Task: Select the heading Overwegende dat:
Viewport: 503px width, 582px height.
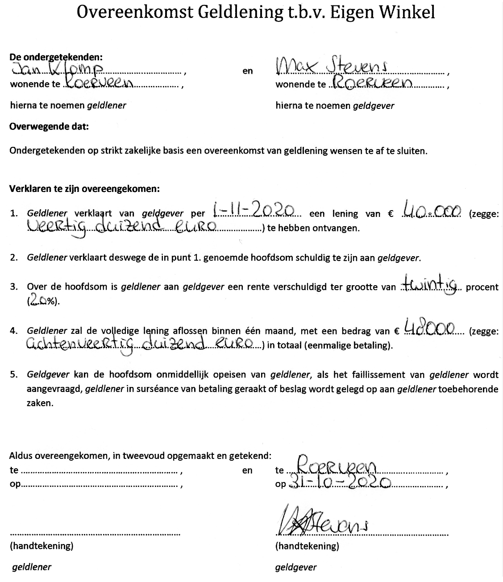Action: coord(49,127)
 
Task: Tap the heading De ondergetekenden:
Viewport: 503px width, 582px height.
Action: coord(56,57)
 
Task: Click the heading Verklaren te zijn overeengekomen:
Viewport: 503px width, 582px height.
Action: coord(84,188)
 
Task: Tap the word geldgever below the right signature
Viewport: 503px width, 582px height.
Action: coord(296,567)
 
